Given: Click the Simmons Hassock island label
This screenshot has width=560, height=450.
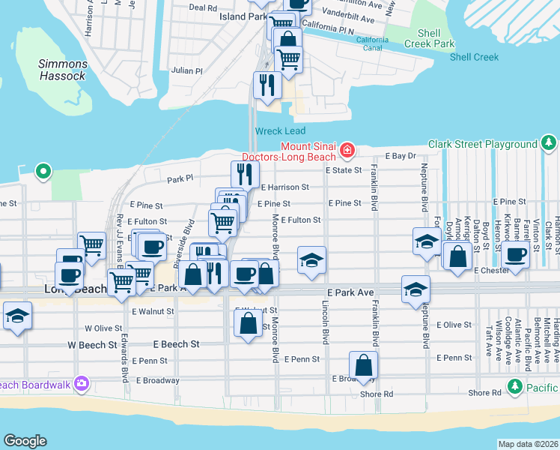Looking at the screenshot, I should pyautogui.click(x=63, y=70).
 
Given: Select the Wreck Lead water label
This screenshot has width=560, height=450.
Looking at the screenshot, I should pyautogui.click(x=280, y=131).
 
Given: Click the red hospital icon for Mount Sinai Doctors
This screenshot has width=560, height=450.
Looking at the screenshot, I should pyautogui.click(x=347, y=151).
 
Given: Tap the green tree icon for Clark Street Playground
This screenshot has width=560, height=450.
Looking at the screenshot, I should pyautogui.click(x=549, y=143).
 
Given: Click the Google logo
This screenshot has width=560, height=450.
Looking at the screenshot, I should pyautogui.click(x=25, y=441).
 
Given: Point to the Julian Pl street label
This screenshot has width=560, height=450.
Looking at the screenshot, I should pyautogui.click(x=187, y=70).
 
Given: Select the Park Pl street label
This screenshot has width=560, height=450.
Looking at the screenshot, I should pyautogui.click(x=180, y=179).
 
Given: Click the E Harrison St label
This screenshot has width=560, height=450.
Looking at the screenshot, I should pyautogui.click(x=284, y=187).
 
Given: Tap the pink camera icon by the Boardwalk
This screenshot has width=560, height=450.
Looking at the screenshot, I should pyautogui.click(x=82, y=385).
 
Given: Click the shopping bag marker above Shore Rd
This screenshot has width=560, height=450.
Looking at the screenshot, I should pyautogui.click(x=363, y=365).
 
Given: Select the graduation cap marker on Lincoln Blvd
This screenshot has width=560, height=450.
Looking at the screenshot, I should pyautogui.click(x=311, y=259).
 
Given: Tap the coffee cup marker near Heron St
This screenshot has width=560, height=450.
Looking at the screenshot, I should pyautogui.click(x=515, y=254).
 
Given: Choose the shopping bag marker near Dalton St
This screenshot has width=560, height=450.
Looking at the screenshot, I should pyautogui.click(x=457, y=256).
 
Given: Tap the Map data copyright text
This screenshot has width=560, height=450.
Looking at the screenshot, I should pyautogui.click(x=528, y=444).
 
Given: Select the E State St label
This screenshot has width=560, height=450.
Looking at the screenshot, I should pyautogui.click(x=344, y=170).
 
